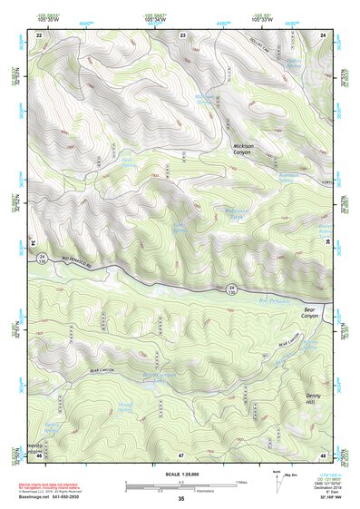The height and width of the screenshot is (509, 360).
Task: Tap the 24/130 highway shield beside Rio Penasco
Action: pos(231,289)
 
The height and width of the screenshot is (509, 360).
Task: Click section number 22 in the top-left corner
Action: pos(39,34)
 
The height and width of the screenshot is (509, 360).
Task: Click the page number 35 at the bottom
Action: pos(180,499)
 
